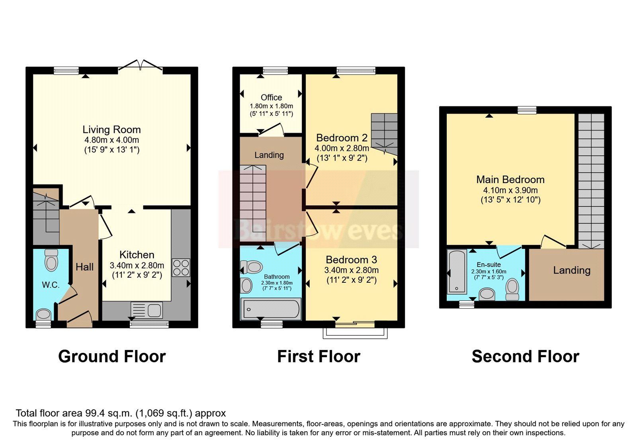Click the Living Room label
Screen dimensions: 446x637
111,129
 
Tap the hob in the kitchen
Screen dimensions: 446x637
181,268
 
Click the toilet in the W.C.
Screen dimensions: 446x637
51,260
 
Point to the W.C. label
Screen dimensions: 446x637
51,285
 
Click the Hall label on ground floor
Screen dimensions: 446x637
85,267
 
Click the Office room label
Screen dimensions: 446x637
271,98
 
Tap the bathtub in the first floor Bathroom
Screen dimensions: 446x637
271,309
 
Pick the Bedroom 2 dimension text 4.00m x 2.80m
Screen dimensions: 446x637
342,148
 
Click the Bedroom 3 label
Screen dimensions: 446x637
351,260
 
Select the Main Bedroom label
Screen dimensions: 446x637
510,180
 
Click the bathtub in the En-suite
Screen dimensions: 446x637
457,272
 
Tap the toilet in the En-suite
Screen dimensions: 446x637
512,289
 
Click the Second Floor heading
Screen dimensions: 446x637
525,356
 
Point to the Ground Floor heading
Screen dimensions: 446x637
112,356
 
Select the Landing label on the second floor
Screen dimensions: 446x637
571,270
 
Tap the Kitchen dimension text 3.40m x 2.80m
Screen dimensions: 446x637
137,265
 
